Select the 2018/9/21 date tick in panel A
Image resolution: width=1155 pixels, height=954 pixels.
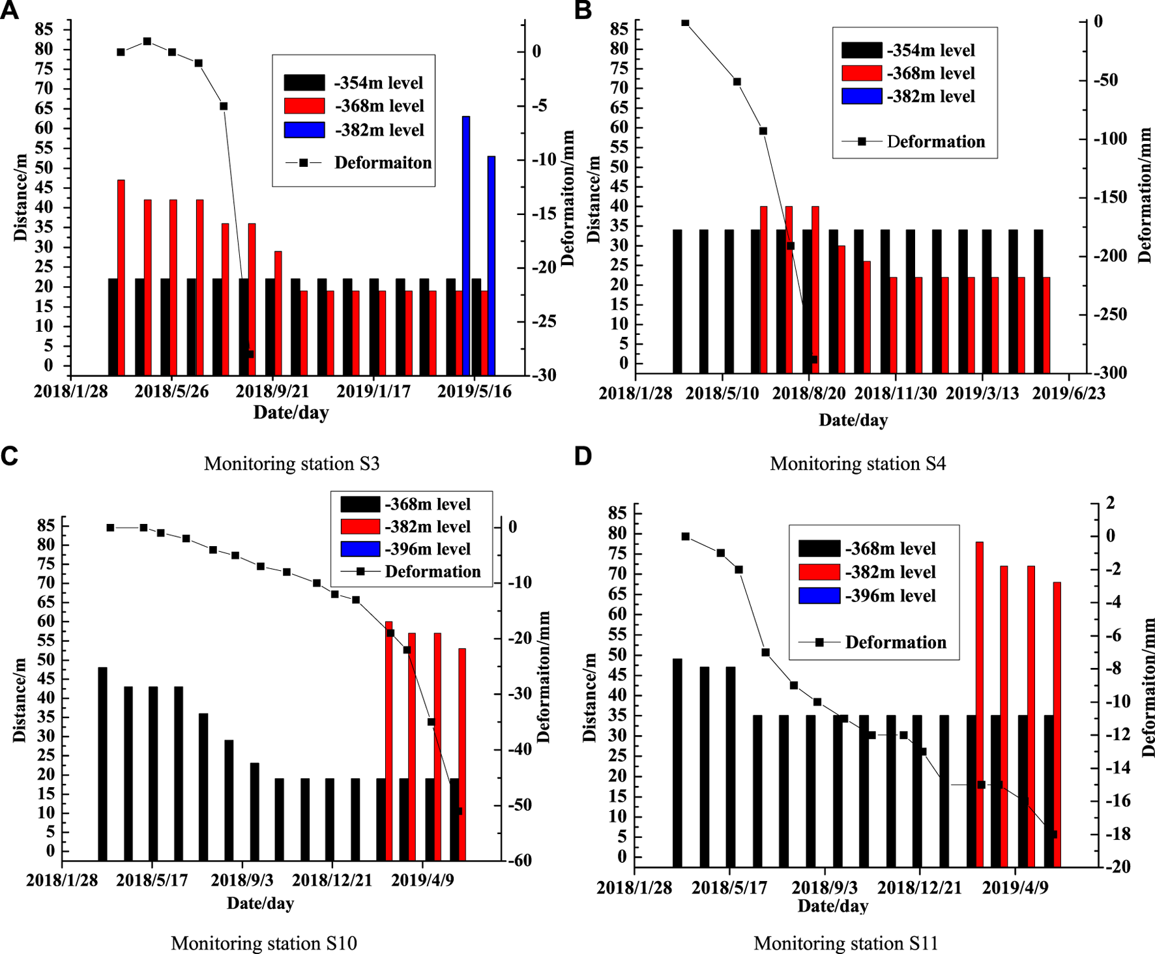(x=272, y=392)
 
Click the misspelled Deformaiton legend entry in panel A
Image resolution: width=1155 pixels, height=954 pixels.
(x=383, y=163)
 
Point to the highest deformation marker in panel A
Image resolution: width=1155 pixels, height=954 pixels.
(x=147, y=42)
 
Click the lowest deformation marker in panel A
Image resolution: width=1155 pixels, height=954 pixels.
(x=250, y=354)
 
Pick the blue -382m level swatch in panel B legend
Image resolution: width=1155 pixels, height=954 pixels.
(x=861, y=96)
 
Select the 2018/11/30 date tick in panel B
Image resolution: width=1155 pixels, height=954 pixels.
(x=896, y=394)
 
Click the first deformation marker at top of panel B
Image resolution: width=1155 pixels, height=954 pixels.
(x=685, y=23)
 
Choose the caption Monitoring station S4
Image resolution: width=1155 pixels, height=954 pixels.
(x=858, y=464)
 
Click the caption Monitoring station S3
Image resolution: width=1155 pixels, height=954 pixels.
(x=291, y=464)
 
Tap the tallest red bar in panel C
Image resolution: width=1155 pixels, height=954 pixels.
(x=389, y=740)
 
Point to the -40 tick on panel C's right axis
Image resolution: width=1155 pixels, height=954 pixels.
(x=520, y=749)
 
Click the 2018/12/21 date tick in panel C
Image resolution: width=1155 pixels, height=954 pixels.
(x=332, y=880)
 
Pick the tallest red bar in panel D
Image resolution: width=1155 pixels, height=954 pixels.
(x=980, y=704)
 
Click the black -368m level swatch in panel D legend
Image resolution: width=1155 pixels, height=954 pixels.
(x=819, y=549)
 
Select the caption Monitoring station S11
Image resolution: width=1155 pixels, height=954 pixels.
(x=845, y=944)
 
